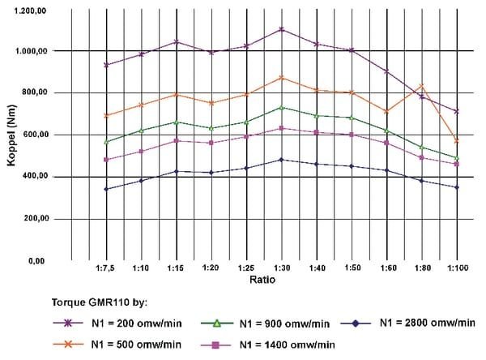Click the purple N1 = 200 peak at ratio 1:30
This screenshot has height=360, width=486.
click(281, 29)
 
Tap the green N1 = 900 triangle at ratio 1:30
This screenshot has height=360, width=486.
click(281, 107)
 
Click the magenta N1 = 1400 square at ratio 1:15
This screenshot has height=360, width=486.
click(177, 140)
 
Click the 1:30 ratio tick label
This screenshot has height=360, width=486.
click(281, 268)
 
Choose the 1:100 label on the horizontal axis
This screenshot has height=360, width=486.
click(456, 268)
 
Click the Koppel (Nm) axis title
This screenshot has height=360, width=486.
click(11, 135)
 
